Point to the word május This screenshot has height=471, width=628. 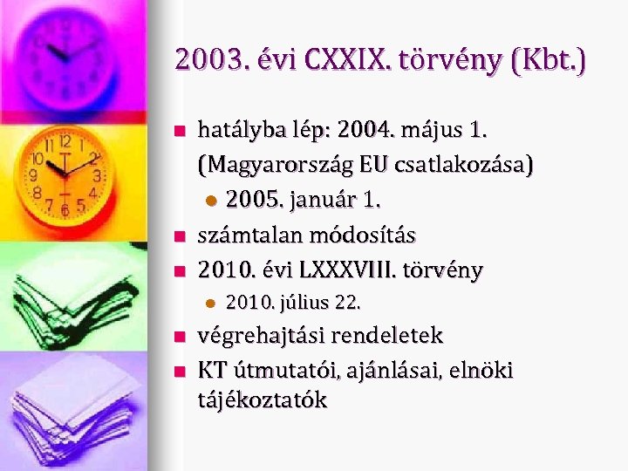(x=432, y=131)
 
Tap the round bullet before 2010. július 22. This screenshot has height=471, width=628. (x=208, y=304)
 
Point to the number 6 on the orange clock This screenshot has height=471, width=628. (x=66, y=209)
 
